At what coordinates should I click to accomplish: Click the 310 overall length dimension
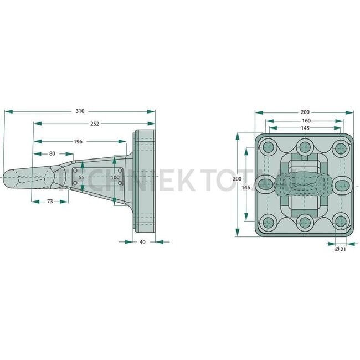80,111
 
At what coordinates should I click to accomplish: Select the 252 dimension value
94,124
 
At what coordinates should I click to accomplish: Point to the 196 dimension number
78,142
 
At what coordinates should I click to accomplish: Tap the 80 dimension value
52,153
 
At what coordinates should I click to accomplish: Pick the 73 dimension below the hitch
49,202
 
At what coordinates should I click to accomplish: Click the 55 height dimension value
82,177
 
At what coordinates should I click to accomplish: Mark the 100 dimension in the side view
115,177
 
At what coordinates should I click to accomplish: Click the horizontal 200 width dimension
304,112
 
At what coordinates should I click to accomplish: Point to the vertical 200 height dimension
237,179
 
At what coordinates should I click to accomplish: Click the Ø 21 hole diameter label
341,250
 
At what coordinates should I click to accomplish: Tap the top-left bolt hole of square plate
269,147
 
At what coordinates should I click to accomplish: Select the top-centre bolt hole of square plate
304,147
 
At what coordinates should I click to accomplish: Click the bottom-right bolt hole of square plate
338,223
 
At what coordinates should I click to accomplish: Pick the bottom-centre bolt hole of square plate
304,223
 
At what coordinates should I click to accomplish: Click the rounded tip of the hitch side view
7,178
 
